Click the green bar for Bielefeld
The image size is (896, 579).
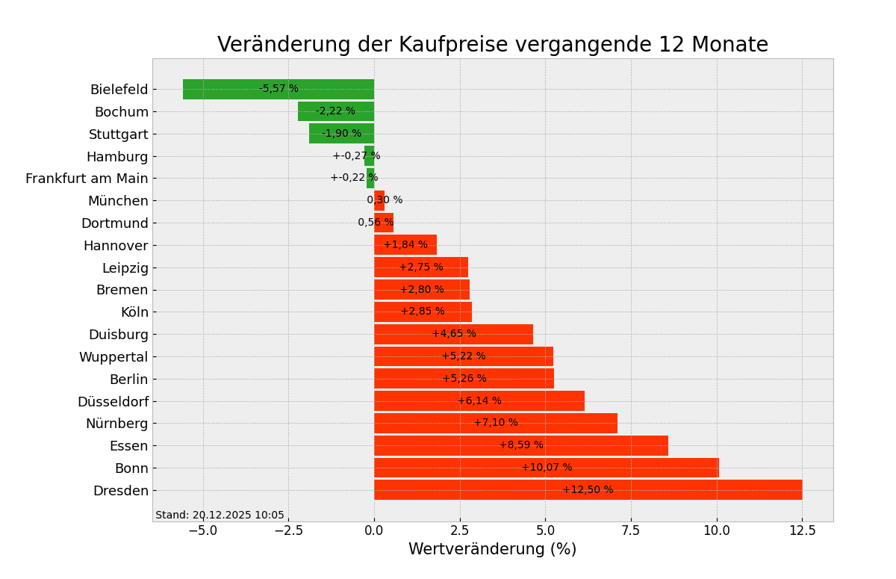(224, 89)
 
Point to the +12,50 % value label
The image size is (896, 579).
(588, 490)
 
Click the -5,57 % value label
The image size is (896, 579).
(279, 89)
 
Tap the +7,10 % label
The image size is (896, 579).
(496, 423)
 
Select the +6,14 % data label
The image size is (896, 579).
(479, 401)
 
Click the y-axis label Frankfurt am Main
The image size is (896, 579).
(87, 179)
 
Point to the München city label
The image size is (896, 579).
(118, 201)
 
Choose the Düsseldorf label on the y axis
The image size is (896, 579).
(113, 402)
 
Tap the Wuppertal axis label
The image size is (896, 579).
(113, 357)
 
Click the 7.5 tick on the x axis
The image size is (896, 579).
(631, 530)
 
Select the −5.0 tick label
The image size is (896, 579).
(202, 530)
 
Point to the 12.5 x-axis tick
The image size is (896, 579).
(802, 530)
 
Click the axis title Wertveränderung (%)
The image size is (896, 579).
(492, 550)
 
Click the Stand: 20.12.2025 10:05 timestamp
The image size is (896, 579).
(220, 515)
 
